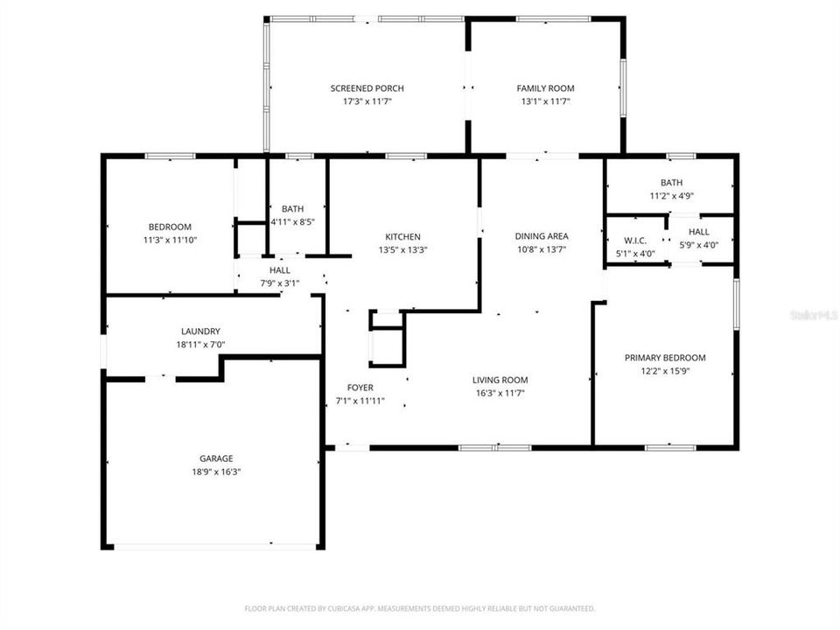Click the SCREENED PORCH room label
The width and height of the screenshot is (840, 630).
tap(367, 88)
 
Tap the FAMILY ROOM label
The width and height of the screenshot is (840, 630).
tap(545, 88)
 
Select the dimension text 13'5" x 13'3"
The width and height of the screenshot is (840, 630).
tap(402, 249)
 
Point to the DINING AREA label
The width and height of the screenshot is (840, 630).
tap(541, 236)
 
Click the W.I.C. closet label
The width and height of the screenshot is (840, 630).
tap(634, 241)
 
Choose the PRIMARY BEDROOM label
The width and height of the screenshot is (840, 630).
tap(665, 358)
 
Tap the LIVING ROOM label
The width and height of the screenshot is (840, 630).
tap(500, 380)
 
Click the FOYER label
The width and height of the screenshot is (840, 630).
tap(360, 388)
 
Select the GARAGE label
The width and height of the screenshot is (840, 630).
tap(216, 458)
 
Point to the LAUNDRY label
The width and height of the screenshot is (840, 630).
tap(200, 332)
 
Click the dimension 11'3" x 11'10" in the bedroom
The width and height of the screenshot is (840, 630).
tap(169, 240)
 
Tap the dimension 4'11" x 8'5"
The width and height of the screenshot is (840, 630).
tap(293, 221)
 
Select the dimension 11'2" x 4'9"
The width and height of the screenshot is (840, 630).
tap(671, 196)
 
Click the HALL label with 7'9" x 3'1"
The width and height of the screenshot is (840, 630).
tap(279, 270)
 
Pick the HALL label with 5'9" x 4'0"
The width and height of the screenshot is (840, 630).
tap(698, 232)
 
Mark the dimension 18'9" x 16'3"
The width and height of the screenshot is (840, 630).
tap(216, 472)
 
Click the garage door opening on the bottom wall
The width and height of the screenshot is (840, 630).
tap(215, 547)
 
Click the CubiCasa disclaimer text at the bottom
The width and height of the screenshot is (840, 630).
tap(420, 608)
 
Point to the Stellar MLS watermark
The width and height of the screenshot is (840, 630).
tap(813, 313)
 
